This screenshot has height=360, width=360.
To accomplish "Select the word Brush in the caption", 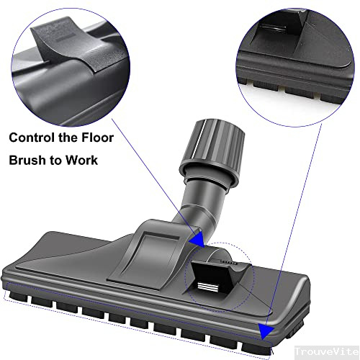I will (28, 160).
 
